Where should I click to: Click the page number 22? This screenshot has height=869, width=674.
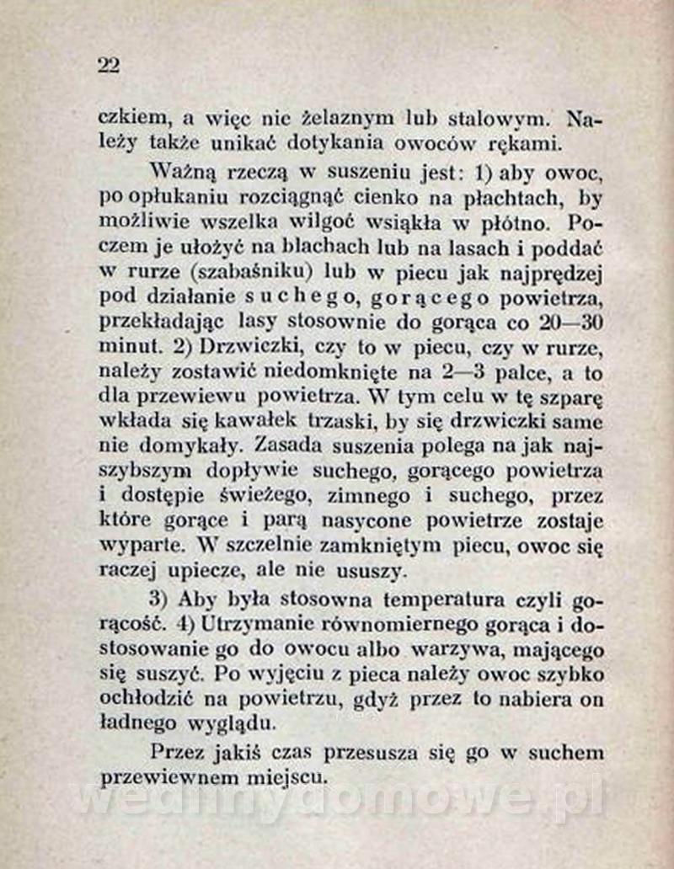click(109, 66)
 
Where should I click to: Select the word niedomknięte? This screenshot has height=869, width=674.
click(325, 371)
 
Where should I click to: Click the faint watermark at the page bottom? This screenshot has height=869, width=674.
click(337, 799)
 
